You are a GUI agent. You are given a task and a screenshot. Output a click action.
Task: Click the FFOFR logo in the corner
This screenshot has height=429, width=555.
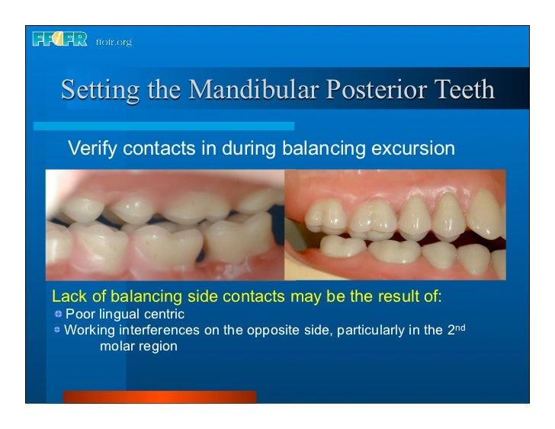[60, 40]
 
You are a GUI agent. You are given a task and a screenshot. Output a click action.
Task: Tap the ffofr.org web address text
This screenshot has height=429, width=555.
[114, 42]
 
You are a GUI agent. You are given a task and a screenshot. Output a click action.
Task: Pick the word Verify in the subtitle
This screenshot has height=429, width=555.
[93, 148]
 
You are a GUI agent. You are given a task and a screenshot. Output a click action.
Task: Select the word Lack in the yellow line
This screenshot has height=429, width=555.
[66, 296]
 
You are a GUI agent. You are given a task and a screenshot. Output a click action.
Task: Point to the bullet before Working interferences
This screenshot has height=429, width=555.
[58, 330]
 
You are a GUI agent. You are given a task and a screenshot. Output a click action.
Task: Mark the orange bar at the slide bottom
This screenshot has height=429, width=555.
[159, 396]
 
